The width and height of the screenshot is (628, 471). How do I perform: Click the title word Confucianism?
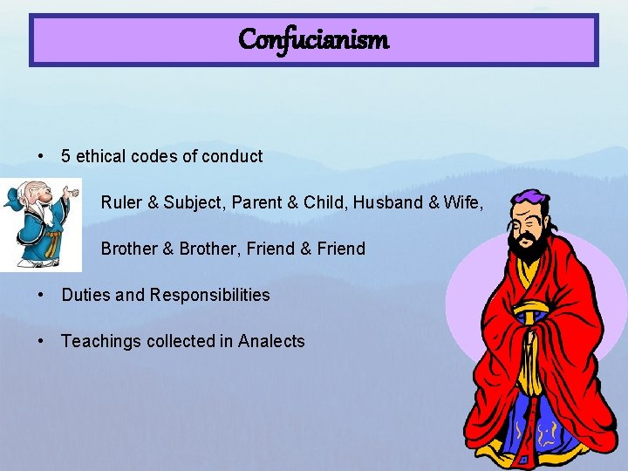313,39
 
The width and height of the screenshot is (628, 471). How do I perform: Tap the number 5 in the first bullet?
66,157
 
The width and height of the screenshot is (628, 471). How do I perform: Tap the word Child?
323,202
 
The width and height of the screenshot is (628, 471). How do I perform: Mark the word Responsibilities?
209,296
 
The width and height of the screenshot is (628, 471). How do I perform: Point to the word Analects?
271,341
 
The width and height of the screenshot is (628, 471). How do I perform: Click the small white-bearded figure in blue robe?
38,222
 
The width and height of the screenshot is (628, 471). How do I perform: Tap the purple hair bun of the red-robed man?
527,200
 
